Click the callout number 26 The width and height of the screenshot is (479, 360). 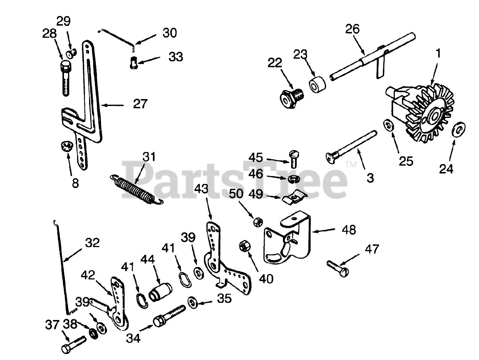tap(352, 29)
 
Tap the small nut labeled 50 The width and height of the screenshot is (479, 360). tap(257, 222)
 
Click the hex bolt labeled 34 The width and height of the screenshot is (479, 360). tap(169, 315)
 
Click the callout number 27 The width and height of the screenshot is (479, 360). tap(140, 104)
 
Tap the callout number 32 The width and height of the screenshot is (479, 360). tap(92, 243)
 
